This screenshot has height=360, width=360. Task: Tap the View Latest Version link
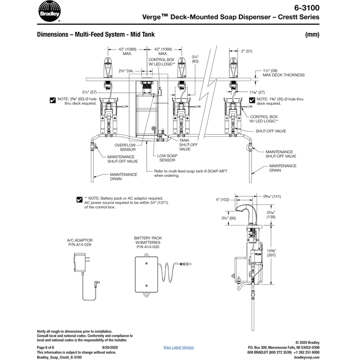(179, 347)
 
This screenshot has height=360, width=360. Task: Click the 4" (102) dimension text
(223, 200)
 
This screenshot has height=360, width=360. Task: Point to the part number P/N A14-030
(147, 247)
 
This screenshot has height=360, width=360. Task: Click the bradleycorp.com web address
(307, 357)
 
